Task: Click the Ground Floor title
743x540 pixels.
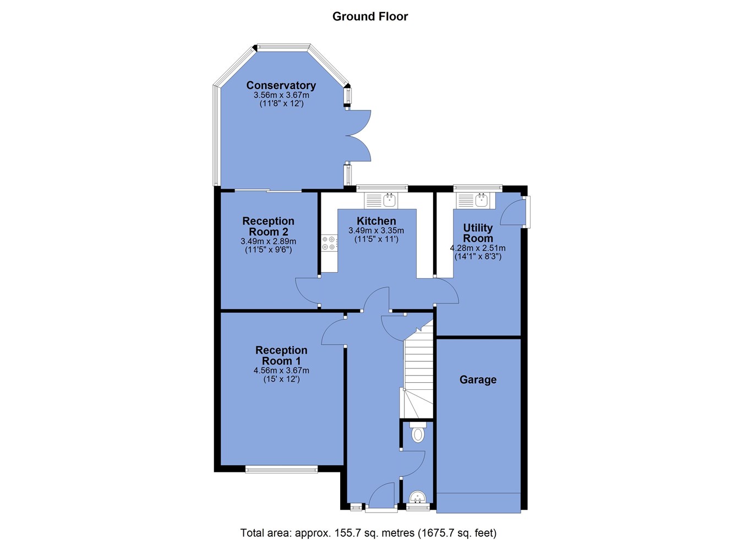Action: pos(370,16)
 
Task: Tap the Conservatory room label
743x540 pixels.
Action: pos(281,85)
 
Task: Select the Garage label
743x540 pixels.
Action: pos(478,379)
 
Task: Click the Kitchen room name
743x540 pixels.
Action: pos(376,221)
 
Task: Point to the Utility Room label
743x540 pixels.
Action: pos(478,233)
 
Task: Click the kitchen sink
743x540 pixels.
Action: pos(381,201)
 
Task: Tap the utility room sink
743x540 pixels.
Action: pos(476,201)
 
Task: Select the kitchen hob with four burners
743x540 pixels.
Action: pos(329,243)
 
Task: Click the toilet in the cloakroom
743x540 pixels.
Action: pos(418,432)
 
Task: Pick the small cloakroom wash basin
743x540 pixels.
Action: pos(417,497)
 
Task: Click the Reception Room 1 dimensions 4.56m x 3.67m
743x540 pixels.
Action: pos(281,370)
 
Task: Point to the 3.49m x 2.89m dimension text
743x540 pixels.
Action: pos(269,241)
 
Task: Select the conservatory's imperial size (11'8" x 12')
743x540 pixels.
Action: pos(281,103)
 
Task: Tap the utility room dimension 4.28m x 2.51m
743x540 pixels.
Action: pos(478,248)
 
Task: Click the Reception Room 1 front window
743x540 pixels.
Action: pos(282,469)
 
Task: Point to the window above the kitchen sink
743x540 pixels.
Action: pos(382,188)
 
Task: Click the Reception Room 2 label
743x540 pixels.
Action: pos(269,226)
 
